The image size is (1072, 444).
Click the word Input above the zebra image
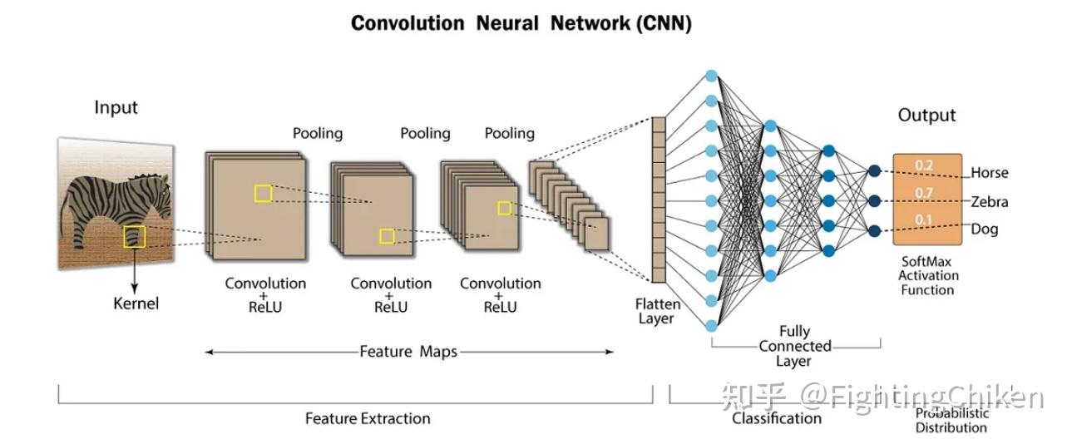pos(116,107)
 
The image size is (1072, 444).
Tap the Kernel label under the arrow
pos(136,303)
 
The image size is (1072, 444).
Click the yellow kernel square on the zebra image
pos(134,237)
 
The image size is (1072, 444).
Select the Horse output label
pos(989,173)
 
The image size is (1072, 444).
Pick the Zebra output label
pos(989,201)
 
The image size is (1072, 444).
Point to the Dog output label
pos(984,229)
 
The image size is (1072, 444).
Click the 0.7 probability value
pos(924,193)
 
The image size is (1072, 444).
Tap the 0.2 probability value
pos(924,165)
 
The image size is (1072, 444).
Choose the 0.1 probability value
pos(924,220)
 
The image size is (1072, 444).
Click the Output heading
pos(926,116)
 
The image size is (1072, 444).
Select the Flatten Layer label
pos(657,311)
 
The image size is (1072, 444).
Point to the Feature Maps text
pos(408,352)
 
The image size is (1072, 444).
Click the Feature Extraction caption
pos(368,418)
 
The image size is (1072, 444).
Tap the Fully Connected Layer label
pos(794,346)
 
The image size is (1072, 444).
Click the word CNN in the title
pos(664,22)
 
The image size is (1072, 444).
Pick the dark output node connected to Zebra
pos(874,200)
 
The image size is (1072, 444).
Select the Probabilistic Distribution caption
pos(951,420)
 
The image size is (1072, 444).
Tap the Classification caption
pos(776,418)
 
